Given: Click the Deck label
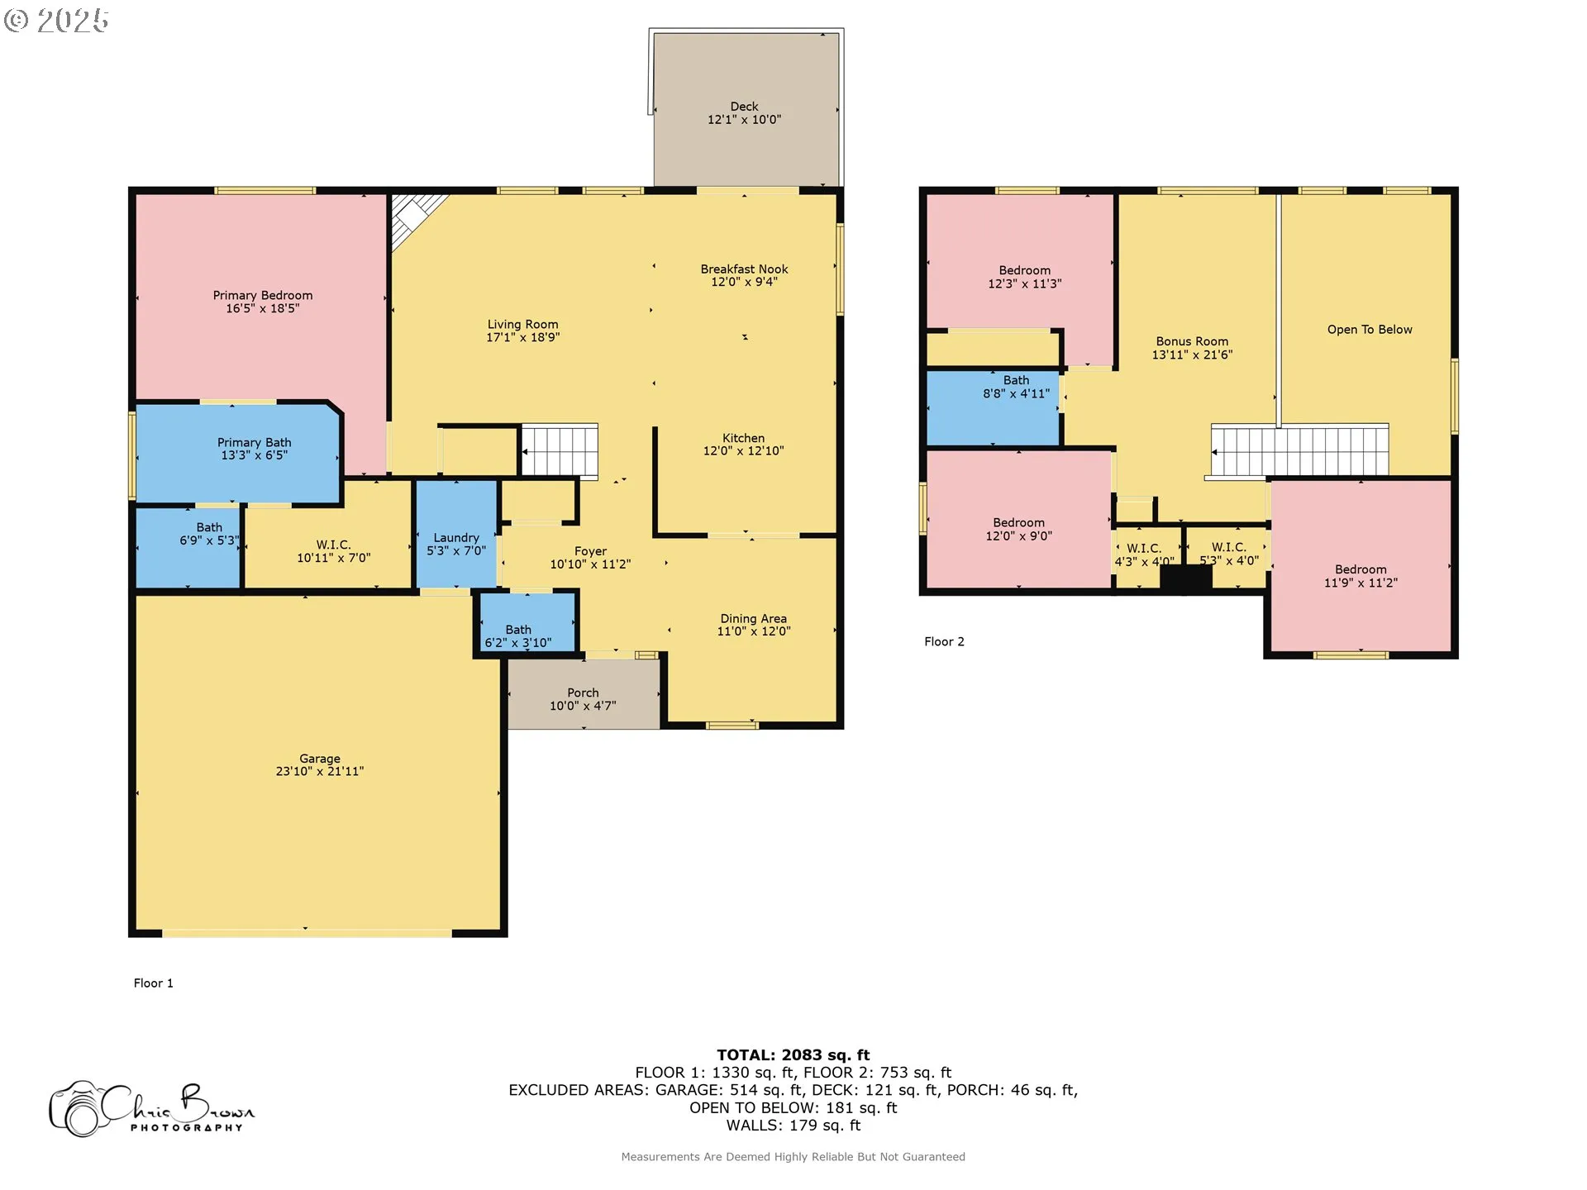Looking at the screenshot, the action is (744, 107).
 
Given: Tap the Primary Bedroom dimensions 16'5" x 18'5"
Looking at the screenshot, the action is (263, 309).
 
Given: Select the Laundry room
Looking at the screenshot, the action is (456, 534).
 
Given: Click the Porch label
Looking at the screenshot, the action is (583, 693).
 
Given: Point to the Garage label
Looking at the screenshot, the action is (320, 759).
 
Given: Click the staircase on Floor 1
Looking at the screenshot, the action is (559, 451).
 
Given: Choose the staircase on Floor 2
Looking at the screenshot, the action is (1299, 451).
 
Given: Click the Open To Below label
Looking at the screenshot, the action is (1370, 330).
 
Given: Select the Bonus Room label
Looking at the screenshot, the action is (1192, 341).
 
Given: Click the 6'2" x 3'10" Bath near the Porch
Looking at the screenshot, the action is (527, 621).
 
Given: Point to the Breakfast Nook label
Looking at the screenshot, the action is (744, 269).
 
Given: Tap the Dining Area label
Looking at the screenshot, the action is (753, 619).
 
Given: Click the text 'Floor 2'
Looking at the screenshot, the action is (944, 642).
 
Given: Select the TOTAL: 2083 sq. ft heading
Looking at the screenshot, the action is (793, 1055).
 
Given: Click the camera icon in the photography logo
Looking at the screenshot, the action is (77, 1110).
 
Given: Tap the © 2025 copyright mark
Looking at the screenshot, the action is (56, 21).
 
